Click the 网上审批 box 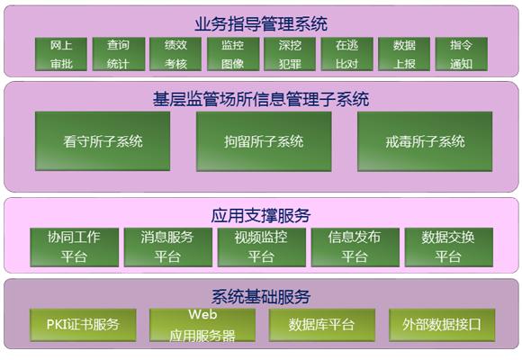click(x=61, y=54)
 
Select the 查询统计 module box click(x=119, y=54)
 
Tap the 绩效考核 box click(x=175, y=54)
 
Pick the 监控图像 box click(x=233, y=54)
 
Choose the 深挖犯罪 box click(x=290, y=54)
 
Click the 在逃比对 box click(x=346, y=54)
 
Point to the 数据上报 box click(x=404, y=54)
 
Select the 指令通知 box click(x=462, y=54)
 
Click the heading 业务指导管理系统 click(x=261, y=24)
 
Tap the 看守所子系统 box click(x=103, y=141)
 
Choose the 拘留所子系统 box click(x=264, y=141)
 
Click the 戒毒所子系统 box click(x=425, y=141)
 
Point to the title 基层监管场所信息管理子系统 click(x=261, y=99)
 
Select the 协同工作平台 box click(x=74, y=247)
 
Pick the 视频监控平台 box click(x=262, y=247)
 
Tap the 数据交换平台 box click(x=449, y=247)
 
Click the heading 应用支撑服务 click(x=261, y=215)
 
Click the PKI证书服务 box click(x=83, y=325)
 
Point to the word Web click(x=202, y=314)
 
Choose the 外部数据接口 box click(x=442, y=325)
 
